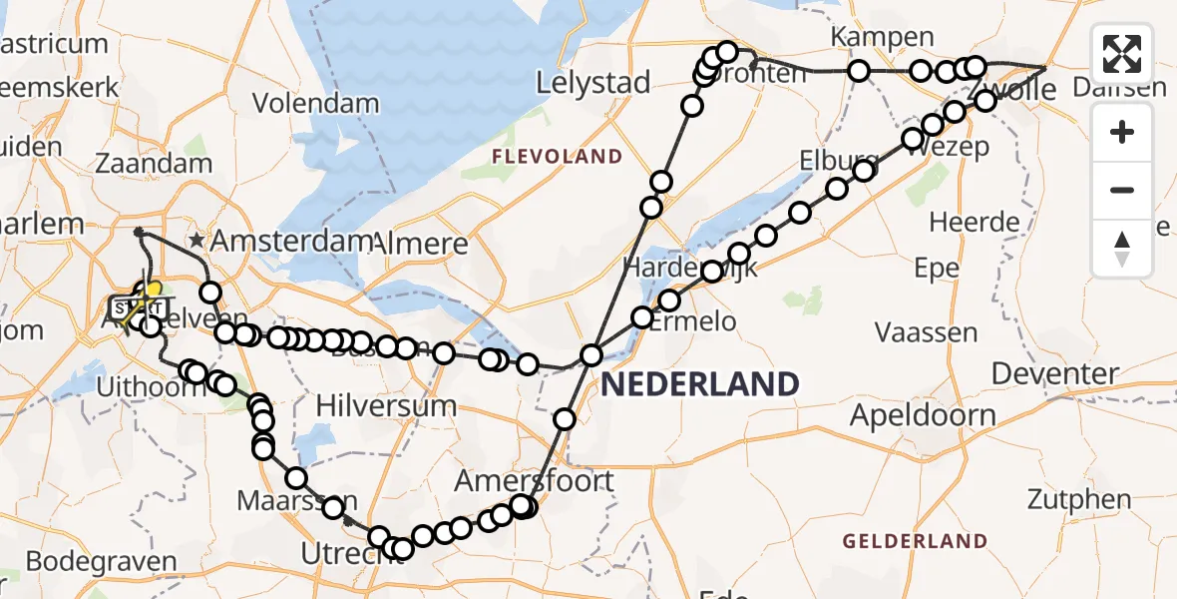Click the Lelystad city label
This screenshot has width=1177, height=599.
[593, 83]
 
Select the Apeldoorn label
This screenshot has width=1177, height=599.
[923, 416]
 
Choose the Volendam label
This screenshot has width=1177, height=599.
[315, 103]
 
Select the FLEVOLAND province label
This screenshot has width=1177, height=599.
[556, 157]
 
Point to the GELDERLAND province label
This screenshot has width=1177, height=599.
[916, 542]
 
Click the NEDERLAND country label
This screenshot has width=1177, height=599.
[699, 384]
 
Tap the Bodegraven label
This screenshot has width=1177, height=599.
[101, 561]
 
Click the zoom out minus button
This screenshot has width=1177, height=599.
[1122, 190]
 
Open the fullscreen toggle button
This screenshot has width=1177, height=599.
[1122, 54]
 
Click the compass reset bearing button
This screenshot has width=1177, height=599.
[1122, 248]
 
